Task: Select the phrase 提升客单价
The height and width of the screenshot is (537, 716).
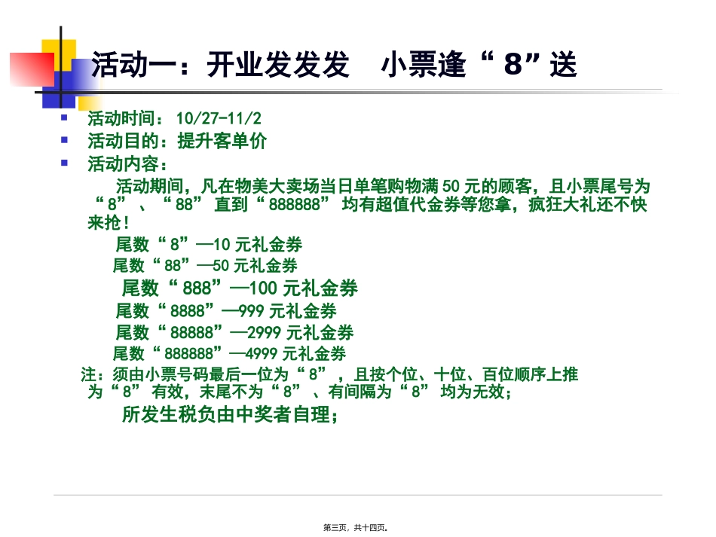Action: point(222,142)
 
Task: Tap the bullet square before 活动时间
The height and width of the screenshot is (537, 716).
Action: point(65,118)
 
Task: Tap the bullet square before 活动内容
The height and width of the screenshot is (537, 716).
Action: point(65,163)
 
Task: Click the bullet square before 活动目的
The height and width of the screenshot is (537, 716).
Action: point(65,140)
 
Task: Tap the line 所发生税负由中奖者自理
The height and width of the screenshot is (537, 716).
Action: point(229,415)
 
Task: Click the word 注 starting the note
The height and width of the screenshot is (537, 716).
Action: point(89,374)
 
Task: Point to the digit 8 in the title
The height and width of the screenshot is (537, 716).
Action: point(513,66)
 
